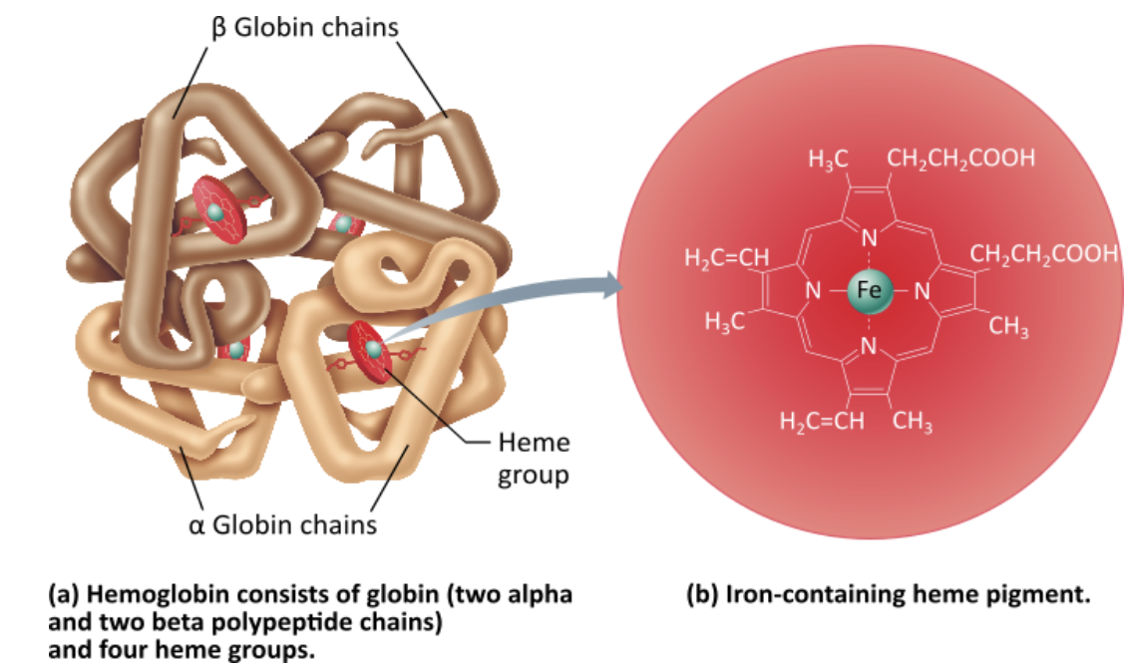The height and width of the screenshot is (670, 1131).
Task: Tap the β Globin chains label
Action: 304,27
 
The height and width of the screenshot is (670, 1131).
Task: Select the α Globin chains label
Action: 282,523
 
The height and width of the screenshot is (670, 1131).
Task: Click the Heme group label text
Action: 534,458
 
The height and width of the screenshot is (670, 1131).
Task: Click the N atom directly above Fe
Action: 867,239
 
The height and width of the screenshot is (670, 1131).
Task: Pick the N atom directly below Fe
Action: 867,346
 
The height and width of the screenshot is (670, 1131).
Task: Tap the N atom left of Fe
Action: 812,292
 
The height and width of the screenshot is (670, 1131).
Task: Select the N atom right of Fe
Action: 921,292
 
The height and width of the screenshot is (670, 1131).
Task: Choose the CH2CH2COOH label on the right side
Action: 1043,254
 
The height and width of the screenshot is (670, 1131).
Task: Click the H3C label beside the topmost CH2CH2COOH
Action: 827,159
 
